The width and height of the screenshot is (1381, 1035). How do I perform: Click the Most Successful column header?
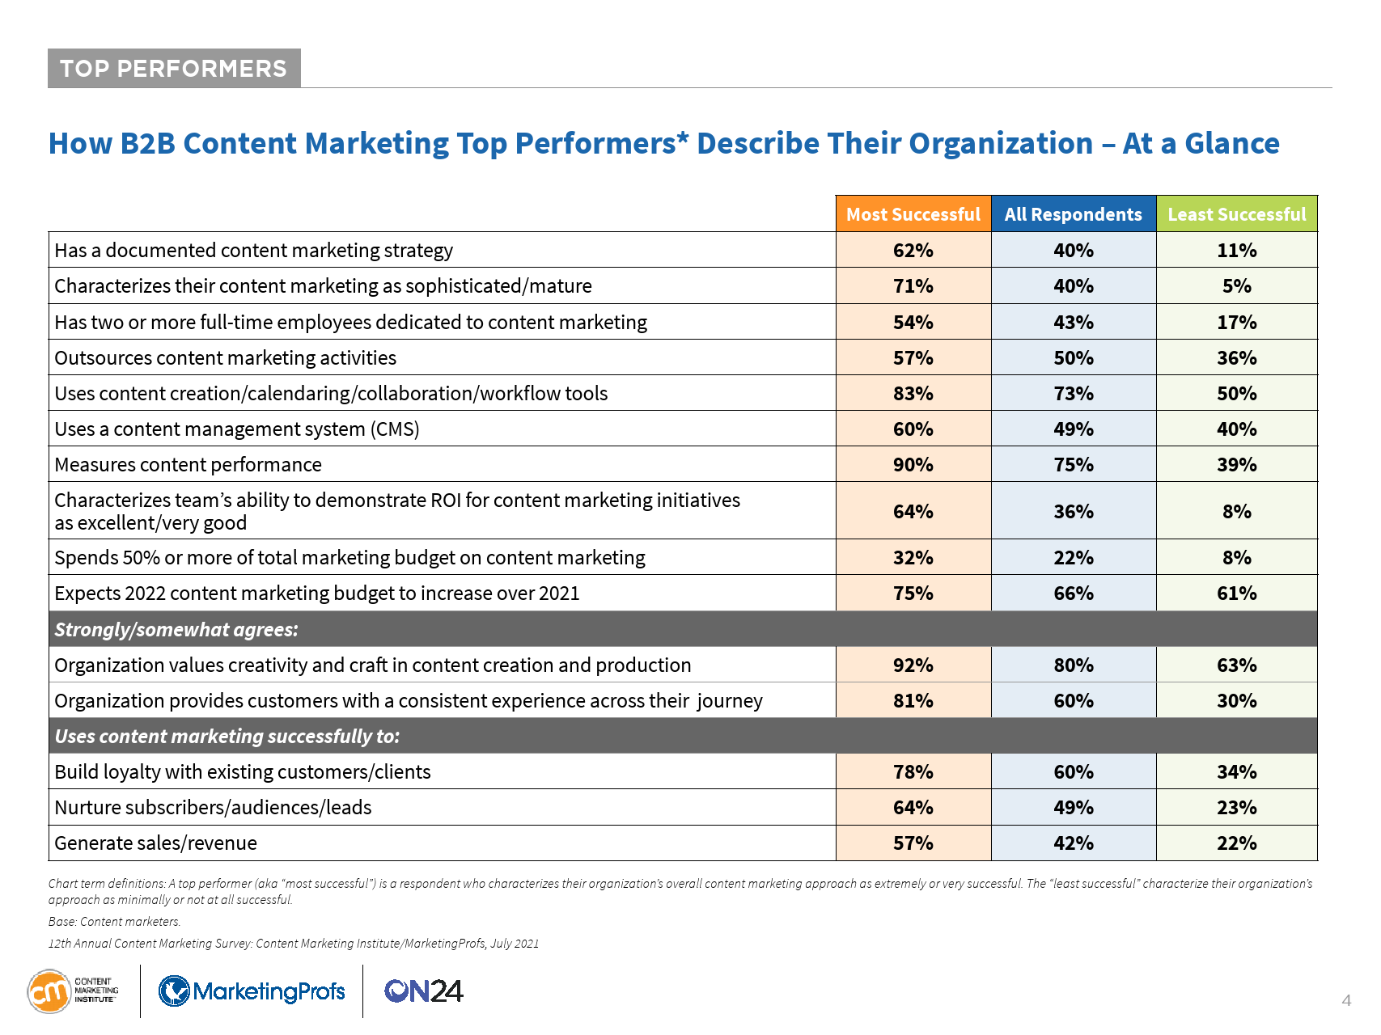pyautogui.click(x=913, y=214)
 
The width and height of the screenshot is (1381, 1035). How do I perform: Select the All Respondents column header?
pyautogui.click(x=1073, y=214)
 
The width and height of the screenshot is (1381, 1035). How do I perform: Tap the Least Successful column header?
pyautogui.click(x=1236, y=214)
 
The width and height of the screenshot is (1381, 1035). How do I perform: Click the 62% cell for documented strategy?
pyautogui.click(x=913, y=251)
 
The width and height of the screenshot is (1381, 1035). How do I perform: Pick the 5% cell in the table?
pyautogui.click(x=1236, y=286)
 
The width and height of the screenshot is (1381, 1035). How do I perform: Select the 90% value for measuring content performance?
pyautogui.click(x=913, y=465)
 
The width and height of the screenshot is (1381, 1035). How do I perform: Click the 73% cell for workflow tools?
pyautogui.click(x=1073, y=394)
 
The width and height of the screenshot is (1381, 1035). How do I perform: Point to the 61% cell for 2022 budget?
pyautogui.click(x=1236, y=594)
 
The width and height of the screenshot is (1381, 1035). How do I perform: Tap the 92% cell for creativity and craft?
pyautogui.click(x=913, y=665)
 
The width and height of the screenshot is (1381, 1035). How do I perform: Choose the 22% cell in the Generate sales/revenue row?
pyautogui.click(x=1236, y=843)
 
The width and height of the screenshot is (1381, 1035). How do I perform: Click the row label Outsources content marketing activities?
pyautogui.click(x=226, y=358)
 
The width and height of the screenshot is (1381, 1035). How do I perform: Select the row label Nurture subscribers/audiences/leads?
pyautogui.click(x=213, y=808)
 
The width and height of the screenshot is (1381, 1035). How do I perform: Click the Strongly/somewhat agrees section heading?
pyautogui.click(x=176, y=630)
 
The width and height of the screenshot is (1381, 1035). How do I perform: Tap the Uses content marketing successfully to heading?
pyautogui.click(x=227, y=737)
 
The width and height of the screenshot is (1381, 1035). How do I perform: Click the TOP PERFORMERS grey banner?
pyautogui.click(x=174, y=69)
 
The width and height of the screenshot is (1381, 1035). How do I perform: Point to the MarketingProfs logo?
pyautogui.click(x=252, y=991)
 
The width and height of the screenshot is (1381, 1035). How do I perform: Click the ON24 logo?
pyautogui.click(x=423, y=991)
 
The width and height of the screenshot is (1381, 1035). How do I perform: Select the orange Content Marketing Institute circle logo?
pyautogui.click(x=49, y=991)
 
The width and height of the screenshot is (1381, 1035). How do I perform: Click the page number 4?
pyautogui.click(x=1346, y=1001)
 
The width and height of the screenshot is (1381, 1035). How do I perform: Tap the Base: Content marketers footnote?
pyautogui.click(x=114, y=922)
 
